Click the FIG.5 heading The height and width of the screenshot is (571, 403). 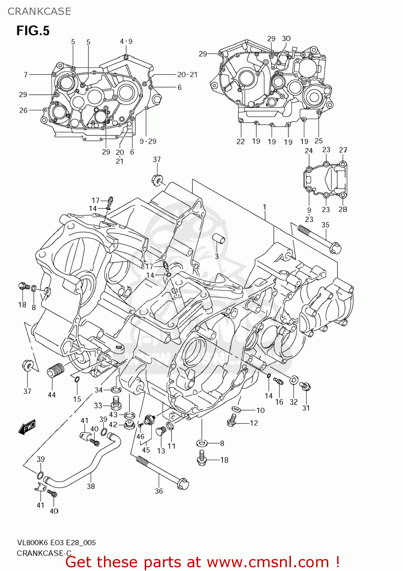(x=33, y=30)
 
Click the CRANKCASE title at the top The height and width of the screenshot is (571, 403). (x=39, y=11)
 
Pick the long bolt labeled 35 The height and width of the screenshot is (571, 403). (x=318, y=238)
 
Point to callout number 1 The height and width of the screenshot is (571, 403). (x=264, y=207)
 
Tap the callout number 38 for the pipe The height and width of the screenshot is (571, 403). (x=91, y=486)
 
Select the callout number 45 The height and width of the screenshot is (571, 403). (x=146, y=450)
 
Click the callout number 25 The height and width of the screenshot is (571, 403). (x=318, y=141)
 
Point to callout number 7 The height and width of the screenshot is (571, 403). (x=26, y=75)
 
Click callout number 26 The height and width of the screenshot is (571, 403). (x=23, y=110)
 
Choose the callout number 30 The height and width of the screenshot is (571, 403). (x=286, y=38)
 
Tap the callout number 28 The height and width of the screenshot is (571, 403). (x=343, y=209)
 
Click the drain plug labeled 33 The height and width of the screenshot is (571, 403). (x=116, y=402)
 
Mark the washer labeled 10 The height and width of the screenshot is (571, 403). (x=236, y=409)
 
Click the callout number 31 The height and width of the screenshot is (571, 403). (x=306, y=408)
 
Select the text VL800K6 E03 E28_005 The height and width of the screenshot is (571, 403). (x=56, y=542)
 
